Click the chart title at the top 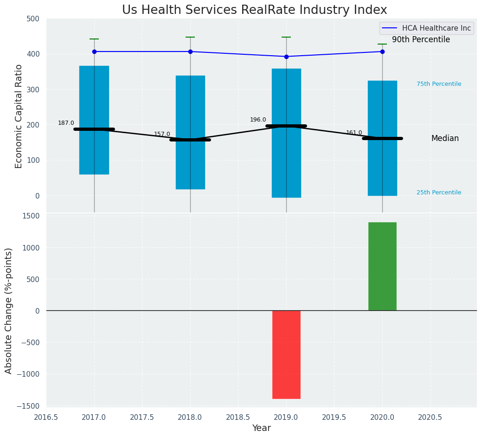point(254,10)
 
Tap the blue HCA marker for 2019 point(286,57)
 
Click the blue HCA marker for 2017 point(94,51)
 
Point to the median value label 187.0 point(66,123)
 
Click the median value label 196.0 point(258,120)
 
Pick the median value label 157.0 point(162,134)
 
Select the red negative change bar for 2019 point(286,354)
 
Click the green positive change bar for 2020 point(382,266)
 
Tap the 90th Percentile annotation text point(421,40)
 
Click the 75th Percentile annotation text point(439,84)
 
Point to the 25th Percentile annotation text point(439,193)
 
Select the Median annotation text point(445,138)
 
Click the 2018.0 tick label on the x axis point(190,417)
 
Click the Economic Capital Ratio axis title point(19,116)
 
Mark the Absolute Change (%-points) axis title point(9,310)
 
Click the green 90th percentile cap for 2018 point(190,37)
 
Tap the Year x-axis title point(261,428)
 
